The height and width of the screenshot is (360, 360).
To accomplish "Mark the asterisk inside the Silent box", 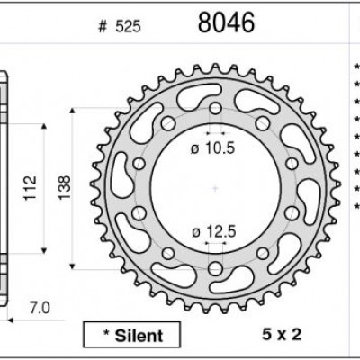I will tap(109, 335).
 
